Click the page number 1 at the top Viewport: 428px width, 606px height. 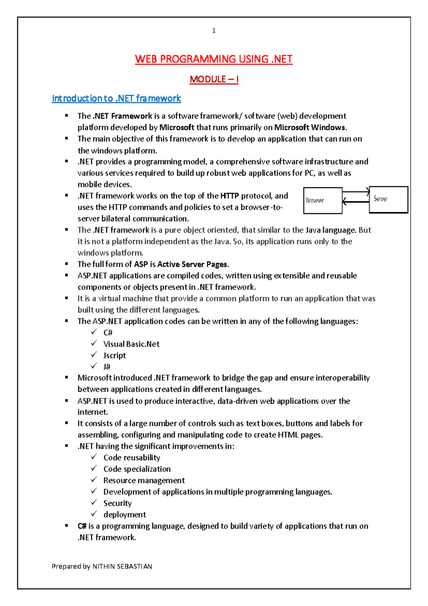tap(214, 31)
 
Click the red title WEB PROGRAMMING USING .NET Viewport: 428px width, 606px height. tap(214, 59)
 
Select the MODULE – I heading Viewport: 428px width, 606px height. tap(214, 79)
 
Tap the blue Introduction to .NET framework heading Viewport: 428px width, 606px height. tap(116, 98)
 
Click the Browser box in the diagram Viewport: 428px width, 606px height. tap(322, 200)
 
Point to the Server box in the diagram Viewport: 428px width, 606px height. tap(388, 199)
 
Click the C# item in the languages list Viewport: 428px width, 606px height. tap(108, 333)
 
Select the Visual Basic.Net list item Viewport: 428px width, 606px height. tap(131, 344)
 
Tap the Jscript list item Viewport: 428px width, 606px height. tap(114, 356)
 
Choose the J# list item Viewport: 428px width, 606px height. tap(107, 367)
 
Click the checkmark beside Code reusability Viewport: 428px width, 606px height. tap(94, 457)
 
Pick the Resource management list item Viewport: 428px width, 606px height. tap(144, 481)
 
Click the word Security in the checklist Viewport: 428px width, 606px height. tap(117, 503)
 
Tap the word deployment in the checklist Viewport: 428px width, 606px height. tap(124, 515)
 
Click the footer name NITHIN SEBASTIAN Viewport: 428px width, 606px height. tap(122, 566)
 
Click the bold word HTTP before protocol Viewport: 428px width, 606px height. tap(229, 196)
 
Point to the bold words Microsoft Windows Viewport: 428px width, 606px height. tap(310, 128)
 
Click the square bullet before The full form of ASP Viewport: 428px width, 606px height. tap(67, 264)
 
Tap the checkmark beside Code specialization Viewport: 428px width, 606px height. tap(94, 468)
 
